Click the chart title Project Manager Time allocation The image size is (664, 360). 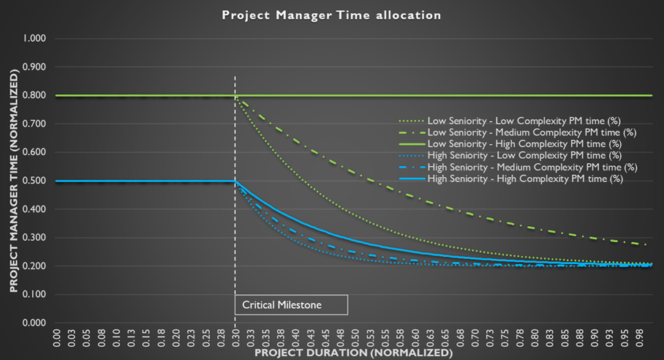click(331, 15)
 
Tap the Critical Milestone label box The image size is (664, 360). click(291, 304)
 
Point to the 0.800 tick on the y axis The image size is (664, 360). click(34, 95)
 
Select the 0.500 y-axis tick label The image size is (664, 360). click(34, 181)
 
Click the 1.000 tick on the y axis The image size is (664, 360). click(34, 38)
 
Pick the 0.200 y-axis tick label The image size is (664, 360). click(34, 266)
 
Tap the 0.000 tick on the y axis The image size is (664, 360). click(34, 323)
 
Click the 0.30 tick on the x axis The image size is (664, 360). click(235, 337)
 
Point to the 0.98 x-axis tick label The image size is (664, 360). click(641, 337)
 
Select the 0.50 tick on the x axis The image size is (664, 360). click(354, 337)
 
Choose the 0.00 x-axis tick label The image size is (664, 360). click(56, 337)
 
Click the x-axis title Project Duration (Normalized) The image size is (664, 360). click(353, 352)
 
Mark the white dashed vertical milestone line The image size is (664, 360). click(235, 220)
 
